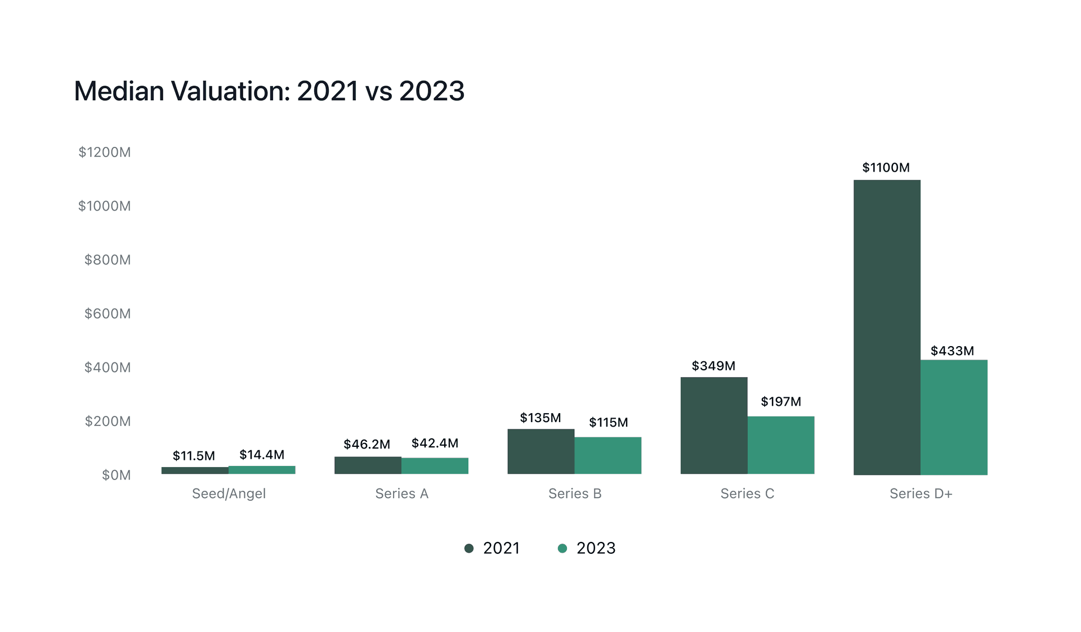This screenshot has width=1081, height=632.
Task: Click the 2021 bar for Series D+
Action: pyautogui.click(x=887, y=327)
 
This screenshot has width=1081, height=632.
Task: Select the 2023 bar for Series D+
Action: pyautogui.click(x=954, y=417)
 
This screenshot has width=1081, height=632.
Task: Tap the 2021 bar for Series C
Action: pyautogui.click(x=714, y=425)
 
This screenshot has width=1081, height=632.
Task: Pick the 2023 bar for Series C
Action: pyautogui.click(x=781, y=445)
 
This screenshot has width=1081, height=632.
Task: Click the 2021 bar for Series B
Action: pyautogui.click(x=540, y=451)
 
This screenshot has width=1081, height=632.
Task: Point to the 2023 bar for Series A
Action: pyautogui.click(x=435, y=465)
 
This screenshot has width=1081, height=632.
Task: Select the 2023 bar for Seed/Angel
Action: pyautogui.click(x=262, y=470)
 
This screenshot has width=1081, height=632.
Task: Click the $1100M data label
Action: pyautogui.click(x=886, y=168)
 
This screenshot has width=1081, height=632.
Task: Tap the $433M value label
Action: pyautogui.click(x=952, y=351)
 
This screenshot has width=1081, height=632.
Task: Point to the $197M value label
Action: pyautogui.click(x=781, y=402)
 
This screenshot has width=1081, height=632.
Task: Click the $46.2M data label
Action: pyautogui.click(x=367, y=445)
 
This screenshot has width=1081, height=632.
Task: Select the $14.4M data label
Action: pyautogui.click(x=262, y=455)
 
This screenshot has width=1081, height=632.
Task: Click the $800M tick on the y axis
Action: pyautogui.click(x=107, y=260)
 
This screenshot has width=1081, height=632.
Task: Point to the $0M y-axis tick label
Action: pyautogui.click(x=116, y=475)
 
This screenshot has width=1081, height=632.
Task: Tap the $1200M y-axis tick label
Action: pyautogui.click(x=104, y=153)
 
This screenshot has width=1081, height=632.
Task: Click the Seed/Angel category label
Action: pyautogui.click(x=229, y=494)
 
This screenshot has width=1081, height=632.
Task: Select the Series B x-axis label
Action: pyautogui.click(x=575, y=494)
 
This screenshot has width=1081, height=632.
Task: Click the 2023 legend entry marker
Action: pyautogui.click(x=562, y=548)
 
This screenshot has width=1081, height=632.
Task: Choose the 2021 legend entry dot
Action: pyautogui.click(x=468, y=548)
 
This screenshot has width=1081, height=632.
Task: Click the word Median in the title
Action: pyautogui.click(x=119, y=91)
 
